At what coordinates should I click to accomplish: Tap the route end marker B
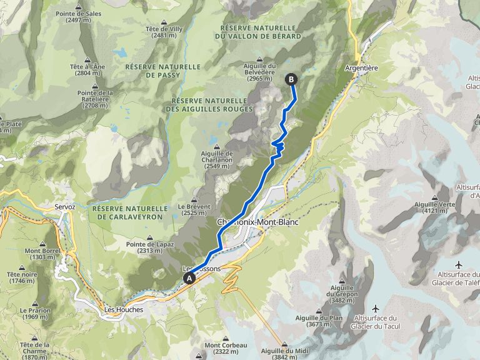(x=291, y=79)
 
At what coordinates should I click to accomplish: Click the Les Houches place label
(x=124, y=309)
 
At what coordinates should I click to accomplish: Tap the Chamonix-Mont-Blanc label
(x=257, y=222)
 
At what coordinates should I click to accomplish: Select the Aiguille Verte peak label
(x=434, y=207)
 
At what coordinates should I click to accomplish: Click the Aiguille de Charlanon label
(x=217, y=157)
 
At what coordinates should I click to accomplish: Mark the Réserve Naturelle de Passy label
(x=162, y=70)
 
